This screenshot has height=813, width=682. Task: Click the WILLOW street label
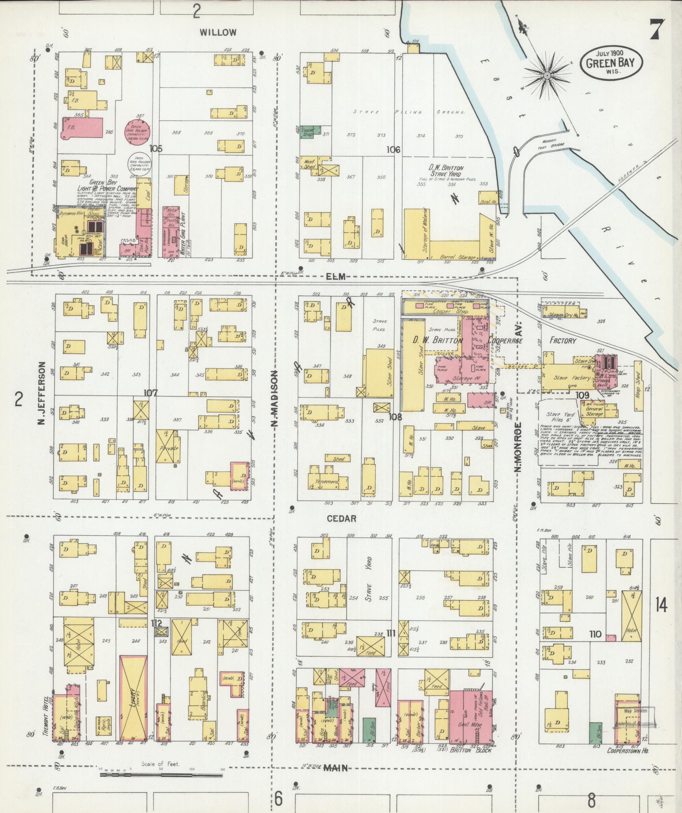218,32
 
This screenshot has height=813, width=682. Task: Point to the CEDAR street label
341,518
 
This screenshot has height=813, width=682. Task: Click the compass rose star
548,76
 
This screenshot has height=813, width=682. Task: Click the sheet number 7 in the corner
656,30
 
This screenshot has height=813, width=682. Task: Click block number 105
156,149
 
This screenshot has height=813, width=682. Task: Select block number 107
151,393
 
